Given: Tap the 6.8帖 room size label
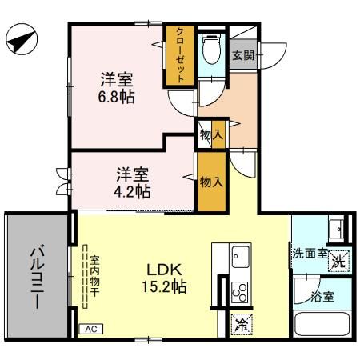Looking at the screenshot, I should (x=117, y=98).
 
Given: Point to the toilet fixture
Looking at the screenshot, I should (x=210, y=53).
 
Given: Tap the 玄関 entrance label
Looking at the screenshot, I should (x=243, y=55).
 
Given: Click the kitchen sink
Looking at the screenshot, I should (x=240, y=258).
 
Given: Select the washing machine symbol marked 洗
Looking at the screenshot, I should (x=340, y=259).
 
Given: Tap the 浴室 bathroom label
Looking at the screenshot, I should (x=324, y=296).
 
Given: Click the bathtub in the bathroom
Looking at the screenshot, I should (x=324, y=326).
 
